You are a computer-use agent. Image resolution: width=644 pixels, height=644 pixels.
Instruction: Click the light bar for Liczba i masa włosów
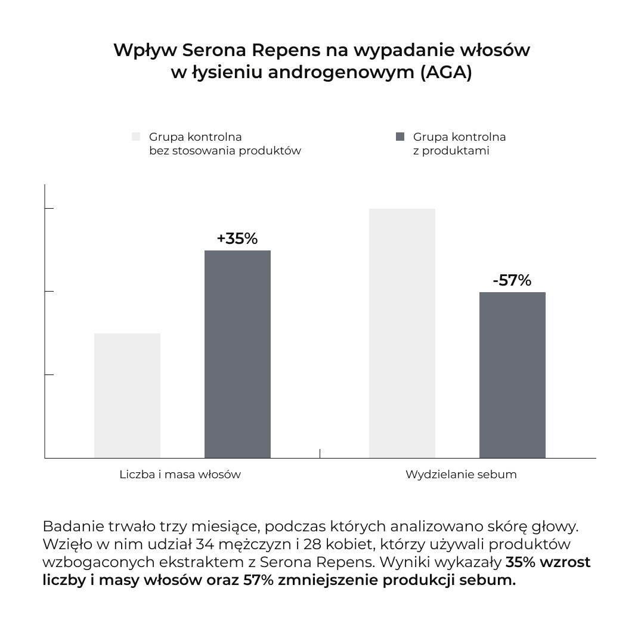click(x=127, y=395)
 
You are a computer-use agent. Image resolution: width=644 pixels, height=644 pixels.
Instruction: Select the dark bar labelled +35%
click(x=237, y=354)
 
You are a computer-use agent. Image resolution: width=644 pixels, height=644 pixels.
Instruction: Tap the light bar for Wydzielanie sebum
click(x=402, y=333)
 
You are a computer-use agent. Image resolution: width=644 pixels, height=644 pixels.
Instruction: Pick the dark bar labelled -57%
click(x=512, y=375)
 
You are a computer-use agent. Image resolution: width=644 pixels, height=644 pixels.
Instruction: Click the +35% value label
click(x=237, y=239)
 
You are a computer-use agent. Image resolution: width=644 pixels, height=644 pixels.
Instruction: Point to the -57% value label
click(x=512, y=280)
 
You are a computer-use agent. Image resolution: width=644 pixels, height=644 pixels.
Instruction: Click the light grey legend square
click(x=136, y=137)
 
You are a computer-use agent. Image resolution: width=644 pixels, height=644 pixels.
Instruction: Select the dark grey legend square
click(x=400, y=137)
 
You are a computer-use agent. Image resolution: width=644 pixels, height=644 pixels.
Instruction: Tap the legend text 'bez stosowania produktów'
click(x=225, y=150)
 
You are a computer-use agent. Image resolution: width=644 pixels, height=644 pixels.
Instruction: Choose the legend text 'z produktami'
click(x=451, y=150)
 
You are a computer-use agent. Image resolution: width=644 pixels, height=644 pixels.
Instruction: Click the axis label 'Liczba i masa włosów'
click(x=180, y=475)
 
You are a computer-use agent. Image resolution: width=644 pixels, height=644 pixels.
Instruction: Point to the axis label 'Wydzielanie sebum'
click(x=461, y=475)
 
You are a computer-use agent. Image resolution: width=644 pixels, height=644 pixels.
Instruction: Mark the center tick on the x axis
click(x=320, y=454)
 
